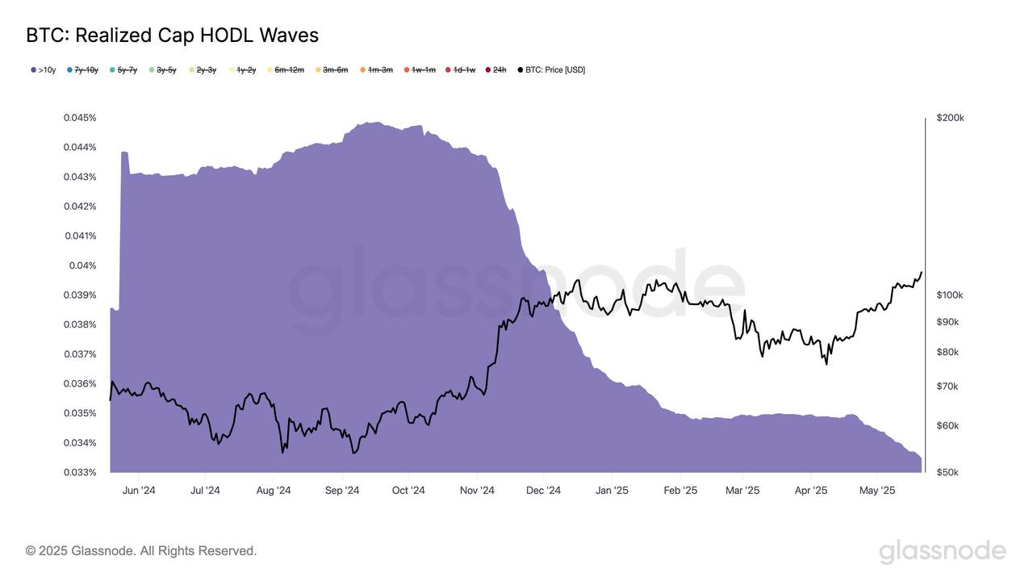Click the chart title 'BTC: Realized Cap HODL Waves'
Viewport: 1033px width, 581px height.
click(172, 36)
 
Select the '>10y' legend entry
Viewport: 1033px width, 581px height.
click(44, 70)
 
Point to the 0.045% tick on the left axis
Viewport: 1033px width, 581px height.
click(80, 118)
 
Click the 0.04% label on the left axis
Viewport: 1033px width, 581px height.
click(82, 265)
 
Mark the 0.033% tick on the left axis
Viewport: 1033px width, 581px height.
click(80, 472)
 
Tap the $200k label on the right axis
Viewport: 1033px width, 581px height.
click(950, 118)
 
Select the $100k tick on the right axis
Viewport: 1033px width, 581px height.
click(950, 295)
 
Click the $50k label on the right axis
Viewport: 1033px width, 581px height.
click(947, 472)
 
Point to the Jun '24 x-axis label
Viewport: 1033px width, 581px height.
click(138, 491)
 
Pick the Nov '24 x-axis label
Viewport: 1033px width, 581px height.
click(477, 491)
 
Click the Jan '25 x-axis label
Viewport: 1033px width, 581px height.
click(612, 491)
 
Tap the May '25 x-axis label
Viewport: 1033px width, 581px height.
click(877, 491)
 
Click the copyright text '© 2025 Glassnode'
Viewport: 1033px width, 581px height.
click(141, 551)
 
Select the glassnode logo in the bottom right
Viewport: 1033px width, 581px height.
click(942, 552)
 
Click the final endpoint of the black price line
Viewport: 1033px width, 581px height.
click(922, 272)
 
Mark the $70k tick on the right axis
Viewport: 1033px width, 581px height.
click(947, 387)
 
